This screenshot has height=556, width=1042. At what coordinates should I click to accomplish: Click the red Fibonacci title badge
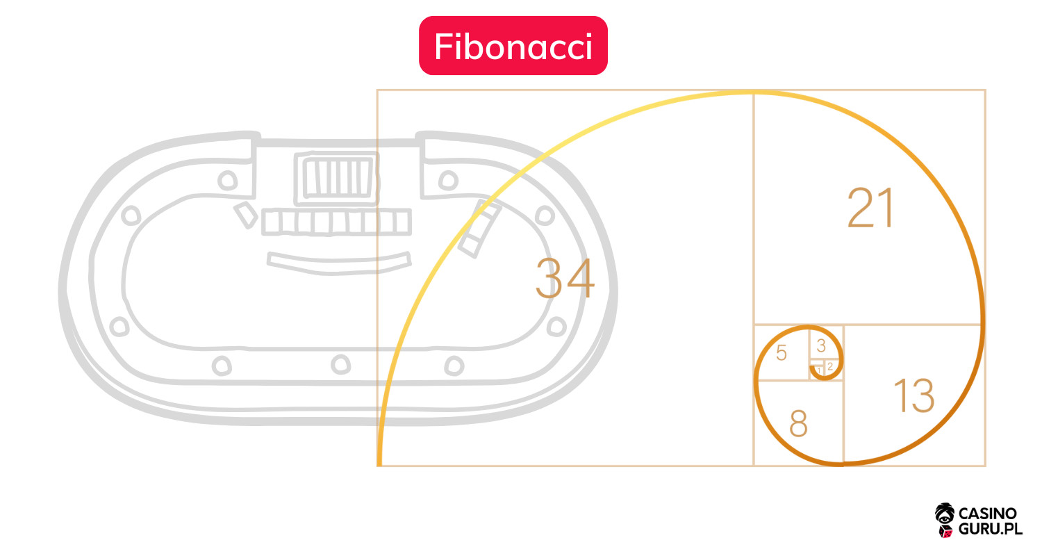513,46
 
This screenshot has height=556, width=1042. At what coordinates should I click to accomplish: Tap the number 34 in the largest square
565,278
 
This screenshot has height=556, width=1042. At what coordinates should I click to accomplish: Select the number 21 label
870,208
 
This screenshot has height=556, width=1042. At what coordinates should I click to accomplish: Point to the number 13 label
914,395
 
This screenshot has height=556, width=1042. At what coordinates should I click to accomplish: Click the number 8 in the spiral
798,423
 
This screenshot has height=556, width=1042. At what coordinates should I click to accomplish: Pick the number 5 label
781,352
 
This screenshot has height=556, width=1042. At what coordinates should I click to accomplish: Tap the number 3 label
821,345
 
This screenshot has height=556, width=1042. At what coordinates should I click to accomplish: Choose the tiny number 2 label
830,367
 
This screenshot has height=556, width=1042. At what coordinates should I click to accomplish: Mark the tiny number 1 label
819,371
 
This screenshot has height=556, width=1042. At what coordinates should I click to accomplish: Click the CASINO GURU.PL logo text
990,521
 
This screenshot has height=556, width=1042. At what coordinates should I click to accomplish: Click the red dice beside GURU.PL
945,532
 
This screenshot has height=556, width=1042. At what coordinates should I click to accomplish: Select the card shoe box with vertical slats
337,178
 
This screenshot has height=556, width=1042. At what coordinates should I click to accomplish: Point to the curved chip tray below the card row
339,263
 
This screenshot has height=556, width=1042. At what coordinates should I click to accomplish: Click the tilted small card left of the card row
246,215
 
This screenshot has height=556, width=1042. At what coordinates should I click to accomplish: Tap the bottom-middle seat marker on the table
340,364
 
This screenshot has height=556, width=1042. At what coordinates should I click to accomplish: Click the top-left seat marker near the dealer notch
227,180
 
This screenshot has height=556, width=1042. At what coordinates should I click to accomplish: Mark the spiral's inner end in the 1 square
812,368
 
